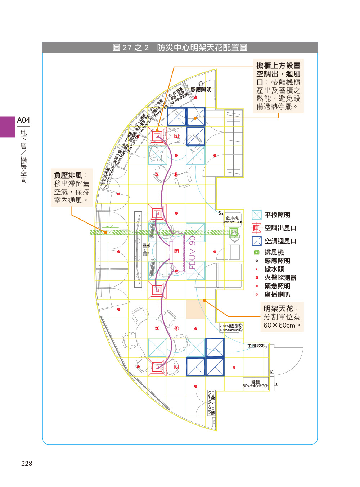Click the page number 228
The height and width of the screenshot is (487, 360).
point(27,464)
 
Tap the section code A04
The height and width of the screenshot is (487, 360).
point(23,120)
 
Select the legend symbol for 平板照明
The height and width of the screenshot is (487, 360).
point(256,215)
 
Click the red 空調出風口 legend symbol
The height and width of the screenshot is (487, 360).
point(256,228)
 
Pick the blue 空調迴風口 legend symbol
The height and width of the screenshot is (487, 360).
point(256,241)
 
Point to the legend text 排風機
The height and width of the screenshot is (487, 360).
point(274,252)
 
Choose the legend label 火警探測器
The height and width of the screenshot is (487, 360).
point(280,278)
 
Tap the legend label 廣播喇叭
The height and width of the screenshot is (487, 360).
point(277,294)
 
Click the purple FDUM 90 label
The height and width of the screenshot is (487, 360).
point(193,252)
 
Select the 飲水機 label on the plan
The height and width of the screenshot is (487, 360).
point(232,218)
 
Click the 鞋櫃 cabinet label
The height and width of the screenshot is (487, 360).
point(255,382)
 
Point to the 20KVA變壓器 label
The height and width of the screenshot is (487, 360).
point(229,325)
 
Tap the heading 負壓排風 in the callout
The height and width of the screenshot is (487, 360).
point(68,175)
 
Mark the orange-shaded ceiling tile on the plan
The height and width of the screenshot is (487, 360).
point(195,309)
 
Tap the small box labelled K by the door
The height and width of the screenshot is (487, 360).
point(271,372)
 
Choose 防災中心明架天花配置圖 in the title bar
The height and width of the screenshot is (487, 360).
point(202,48)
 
